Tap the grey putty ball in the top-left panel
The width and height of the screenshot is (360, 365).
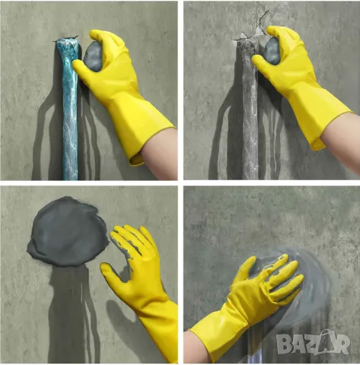point(93,57)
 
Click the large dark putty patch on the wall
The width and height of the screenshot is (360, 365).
point(67,232)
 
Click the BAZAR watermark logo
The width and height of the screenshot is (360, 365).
point(314,343)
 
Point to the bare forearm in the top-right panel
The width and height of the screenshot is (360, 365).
point(341,142)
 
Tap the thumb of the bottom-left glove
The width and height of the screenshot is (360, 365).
point(112,272)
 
